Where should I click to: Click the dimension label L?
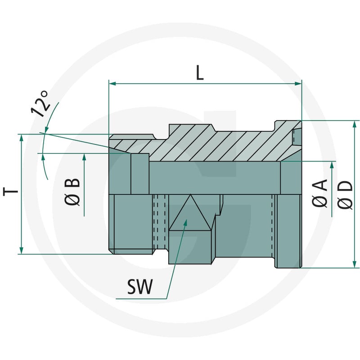click(x=200, y=73)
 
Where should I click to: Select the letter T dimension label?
click(x=10, y=191)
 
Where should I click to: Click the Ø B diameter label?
click(x=72, y=192)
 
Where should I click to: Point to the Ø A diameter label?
click(x=319, y=193)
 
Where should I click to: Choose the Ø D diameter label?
click(x=345, y=196)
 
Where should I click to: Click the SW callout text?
click(x=140, y=287)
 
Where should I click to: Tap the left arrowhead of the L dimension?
click(x=112, y=83)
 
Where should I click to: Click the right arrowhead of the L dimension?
click(x=298, y=83)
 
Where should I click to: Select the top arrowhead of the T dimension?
click(x=21, y=138)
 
